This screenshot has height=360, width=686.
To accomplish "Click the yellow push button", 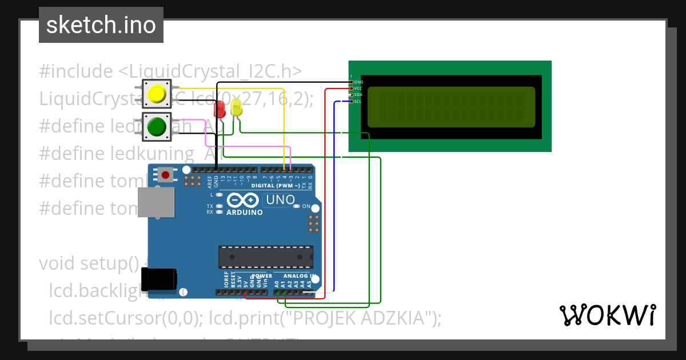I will point(157,94).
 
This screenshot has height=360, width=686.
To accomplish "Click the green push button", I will point(157,126).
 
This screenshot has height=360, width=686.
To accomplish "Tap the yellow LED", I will point(236,107).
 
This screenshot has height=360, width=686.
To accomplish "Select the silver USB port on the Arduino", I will point(155,202).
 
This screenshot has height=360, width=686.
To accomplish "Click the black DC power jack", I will point(159,279).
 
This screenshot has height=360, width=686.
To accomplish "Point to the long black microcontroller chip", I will point(266,257).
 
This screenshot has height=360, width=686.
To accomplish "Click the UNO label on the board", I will point(280,200).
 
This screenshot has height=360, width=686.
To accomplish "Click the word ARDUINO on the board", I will point(244,213).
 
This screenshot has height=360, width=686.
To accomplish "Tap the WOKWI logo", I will point(607,315).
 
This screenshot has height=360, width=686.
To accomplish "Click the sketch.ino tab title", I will point(101,25).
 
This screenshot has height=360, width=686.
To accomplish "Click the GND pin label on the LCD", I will point(358,82).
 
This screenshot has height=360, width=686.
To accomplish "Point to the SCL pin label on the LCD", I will point(358,102).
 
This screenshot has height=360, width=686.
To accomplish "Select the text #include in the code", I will point(76,72).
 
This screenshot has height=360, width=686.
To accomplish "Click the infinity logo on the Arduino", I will point(244,201).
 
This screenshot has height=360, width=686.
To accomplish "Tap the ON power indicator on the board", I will point(306,206).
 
